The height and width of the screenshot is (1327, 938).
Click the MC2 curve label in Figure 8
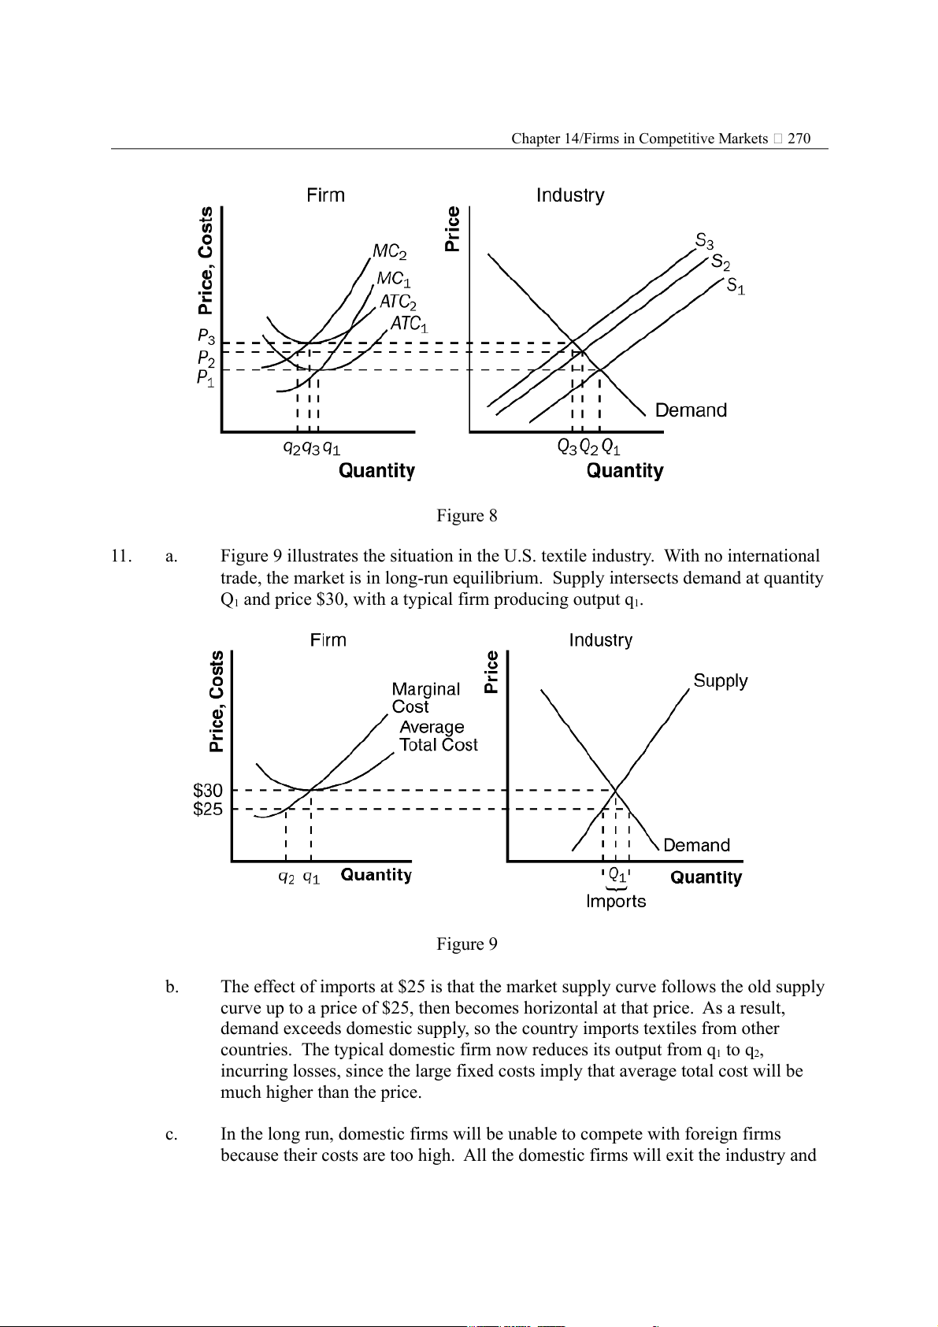coord(390,252)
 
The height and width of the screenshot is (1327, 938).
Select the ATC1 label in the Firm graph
coord(409,324)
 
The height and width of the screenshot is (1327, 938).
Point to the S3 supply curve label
coord(704,240)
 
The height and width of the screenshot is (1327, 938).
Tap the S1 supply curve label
coord(736,286)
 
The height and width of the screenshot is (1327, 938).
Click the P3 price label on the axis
coord(206,337)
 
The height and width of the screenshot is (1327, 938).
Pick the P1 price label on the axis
coord(206,379)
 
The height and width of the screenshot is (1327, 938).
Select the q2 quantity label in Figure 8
coord(291,448)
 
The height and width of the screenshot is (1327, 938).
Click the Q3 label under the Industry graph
coord(567,447)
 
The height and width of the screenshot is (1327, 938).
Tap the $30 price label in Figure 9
coord(208,790)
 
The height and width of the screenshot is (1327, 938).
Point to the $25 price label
coord(208,809)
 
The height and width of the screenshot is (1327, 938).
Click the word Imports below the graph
coord(616,902)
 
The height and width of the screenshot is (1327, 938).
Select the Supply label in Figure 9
coord(721,681)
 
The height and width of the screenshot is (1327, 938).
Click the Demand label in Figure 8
coord(691,410)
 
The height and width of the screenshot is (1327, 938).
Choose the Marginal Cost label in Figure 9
coord(425,698)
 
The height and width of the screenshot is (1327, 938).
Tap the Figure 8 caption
coord(467,516)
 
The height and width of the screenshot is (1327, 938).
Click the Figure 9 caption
coord(467,944)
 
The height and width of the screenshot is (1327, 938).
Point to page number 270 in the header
coord(799,139)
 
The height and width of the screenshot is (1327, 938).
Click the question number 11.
coord(120,556)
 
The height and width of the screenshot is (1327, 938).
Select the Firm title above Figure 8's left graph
coord(326,195)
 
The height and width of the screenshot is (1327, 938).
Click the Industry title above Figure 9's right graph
coord(601,640)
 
